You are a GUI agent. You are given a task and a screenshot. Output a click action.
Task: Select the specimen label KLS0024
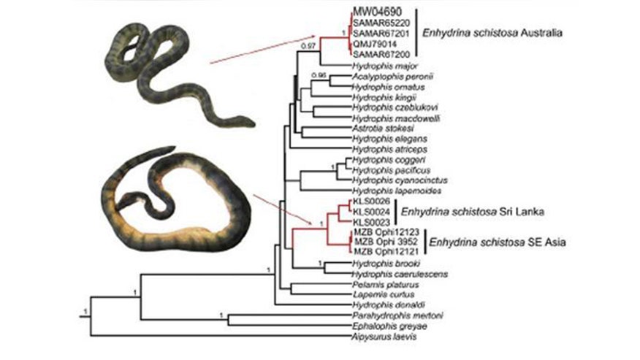pyautogui.click(x=370, y=210)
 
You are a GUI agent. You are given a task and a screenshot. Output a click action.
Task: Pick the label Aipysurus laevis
pyautogui.click(x=376, y=337)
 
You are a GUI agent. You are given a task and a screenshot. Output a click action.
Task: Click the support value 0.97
pyautogui.click(x=308, y=47)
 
